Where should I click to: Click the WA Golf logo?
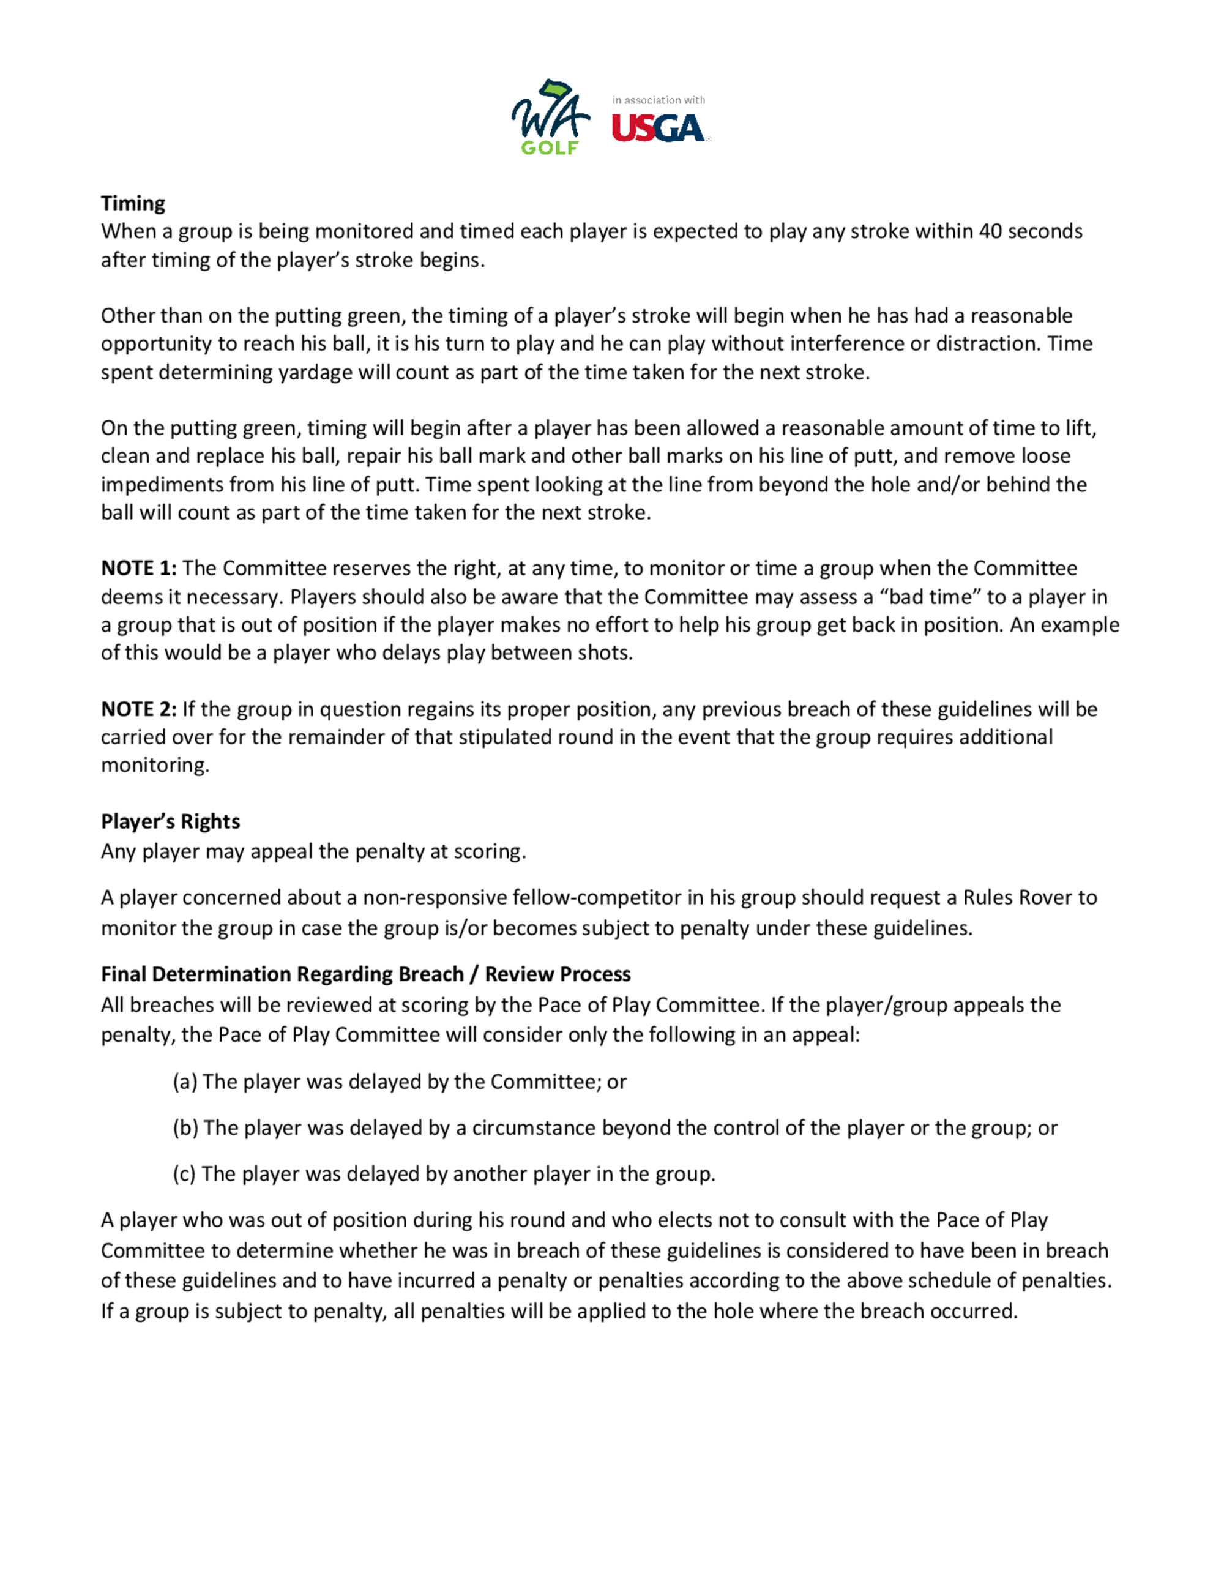click(550, 118)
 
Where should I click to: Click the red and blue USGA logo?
click(658, 129)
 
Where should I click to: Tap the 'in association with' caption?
click(659, 100)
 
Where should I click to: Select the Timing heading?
click(133, 203)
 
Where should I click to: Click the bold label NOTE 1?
click(138, 568)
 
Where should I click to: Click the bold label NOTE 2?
click(138, 709)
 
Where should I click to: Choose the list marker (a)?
click(185, 1082)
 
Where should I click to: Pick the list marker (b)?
click(185, 1128)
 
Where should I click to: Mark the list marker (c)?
click(184, 1173)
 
